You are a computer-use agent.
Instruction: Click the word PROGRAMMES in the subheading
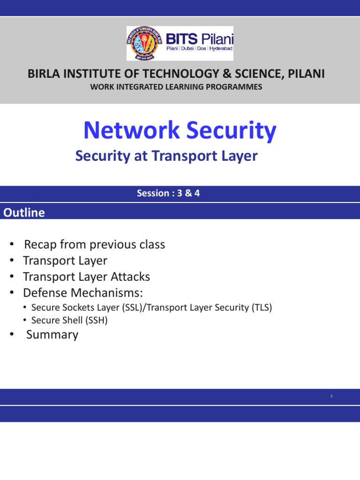pyautogui.click(x=237, y=87)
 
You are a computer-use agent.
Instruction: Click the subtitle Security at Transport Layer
pyautogui.click(x=166, y=156)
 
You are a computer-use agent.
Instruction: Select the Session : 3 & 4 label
pyautogui.click(x=168, y=193)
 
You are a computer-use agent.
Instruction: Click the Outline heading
pyautogui.click(x=24, y=213)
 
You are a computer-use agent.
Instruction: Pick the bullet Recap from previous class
pyautogui.click(x=94, y=245)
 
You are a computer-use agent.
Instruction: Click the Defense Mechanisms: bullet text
pyautogui.click(x=83, y=292)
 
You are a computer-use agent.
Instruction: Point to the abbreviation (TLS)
pyautogui.click(x=261, y=307)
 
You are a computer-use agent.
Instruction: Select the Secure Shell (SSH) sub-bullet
pyautogui.click(x=69, y=321)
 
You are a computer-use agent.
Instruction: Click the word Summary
pyautogui.click(x=52, y=335)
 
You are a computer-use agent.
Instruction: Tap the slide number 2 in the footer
pyautogui.click(x=331, y=397)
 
